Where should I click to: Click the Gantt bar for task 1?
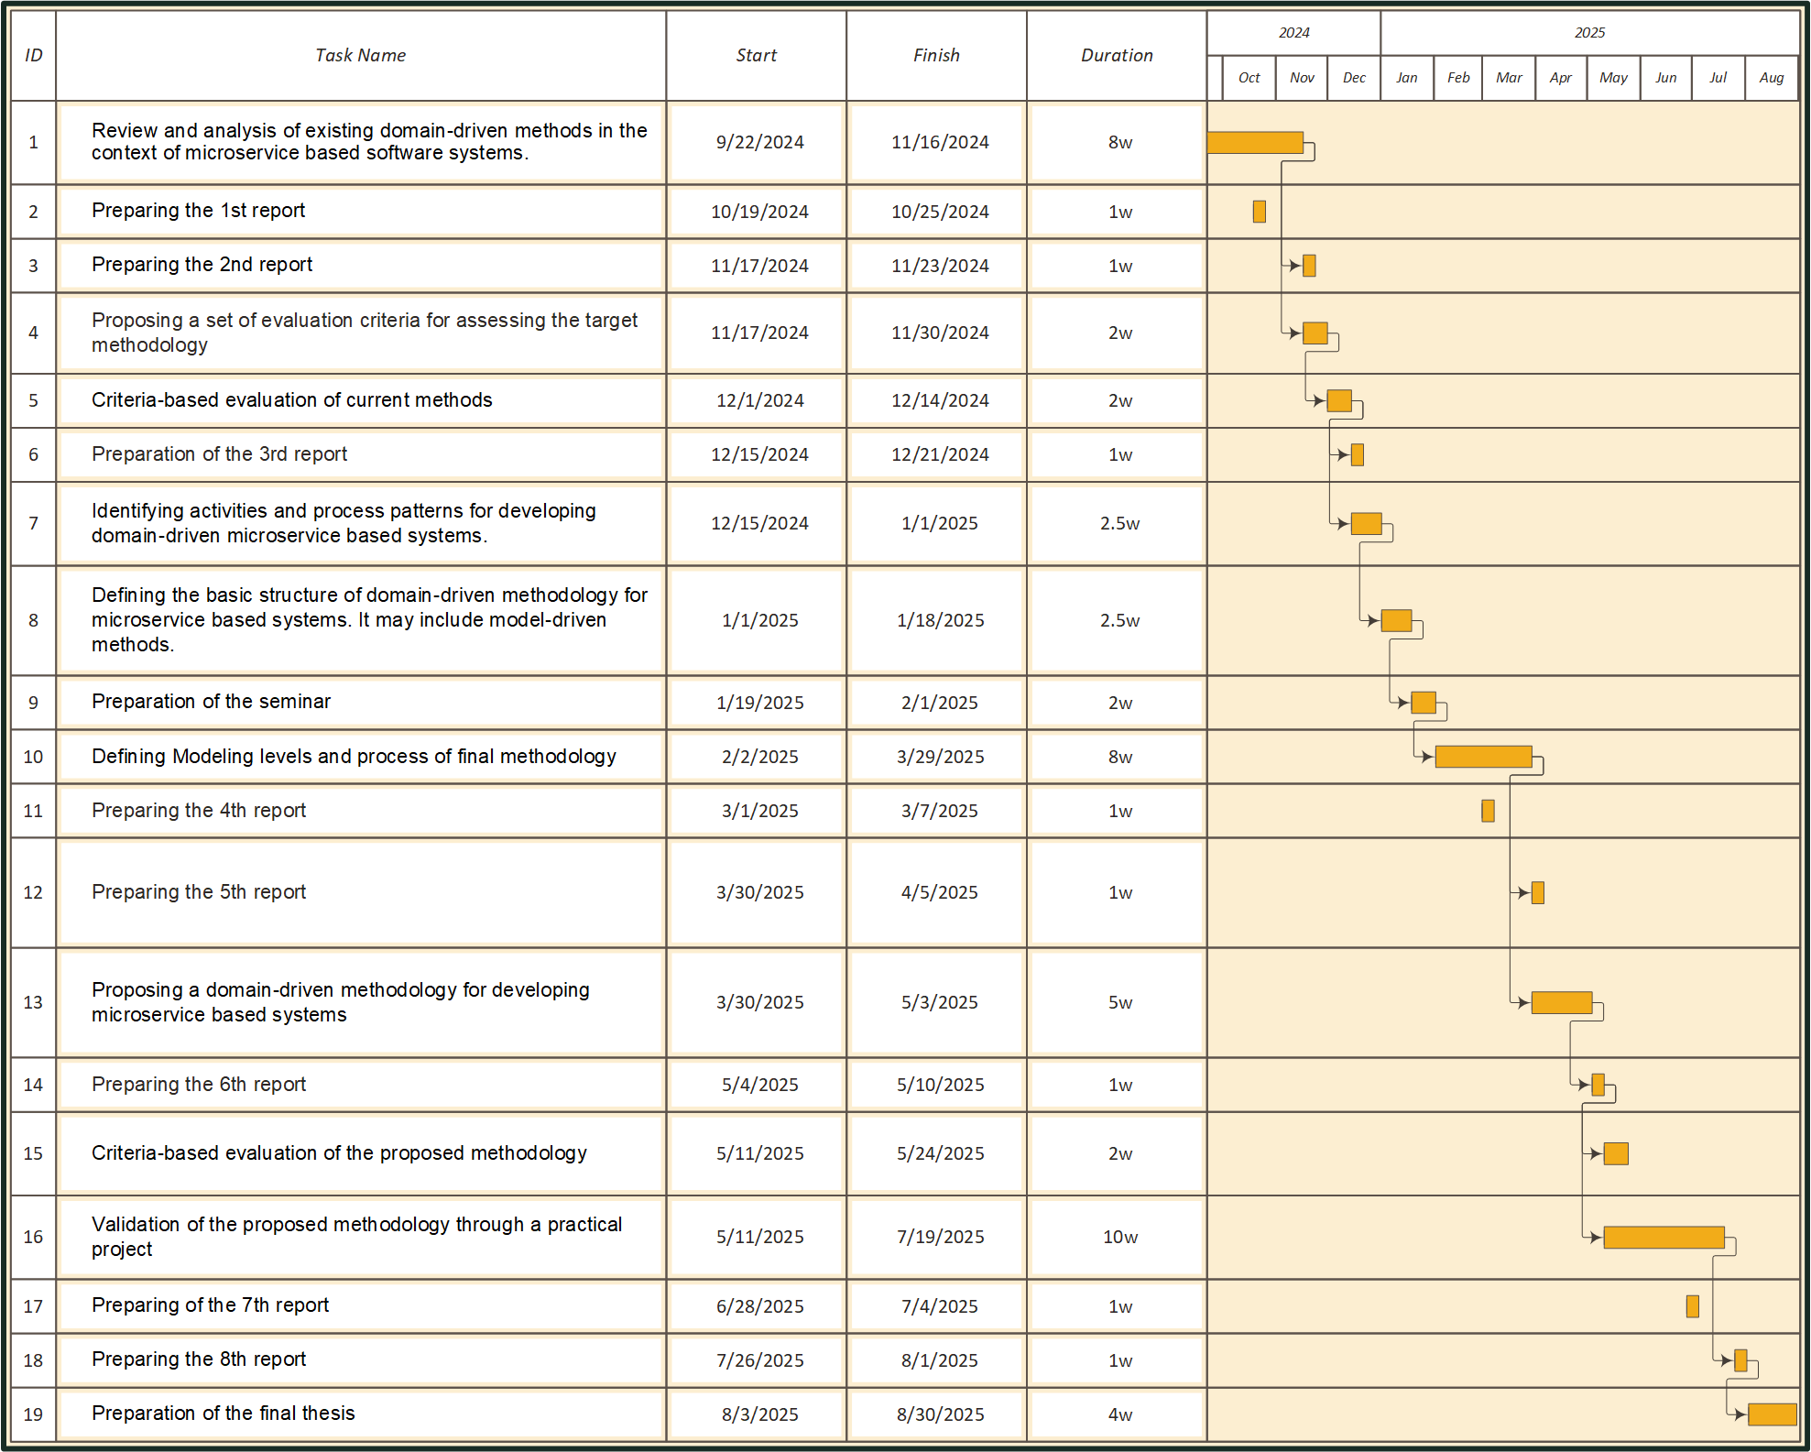(x=1254, y=142)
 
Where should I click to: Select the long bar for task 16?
(x=1664, y=1237)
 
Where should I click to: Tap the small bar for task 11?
(x=1488, y=811)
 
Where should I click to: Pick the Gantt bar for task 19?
(x=1772, y=1414)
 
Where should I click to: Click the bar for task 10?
(x=1483, y=757)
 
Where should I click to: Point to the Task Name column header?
(x=360, y=55)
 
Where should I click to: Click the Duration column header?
(x=1117, y=55)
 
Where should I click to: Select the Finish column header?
(x=936, y=55)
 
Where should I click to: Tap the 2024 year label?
(x=1293, y=32)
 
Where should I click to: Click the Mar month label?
(x=1509, y=78)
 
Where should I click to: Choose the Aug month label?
(x=1771, y=78)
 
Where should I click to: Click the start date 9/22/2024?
(x=759, y=142)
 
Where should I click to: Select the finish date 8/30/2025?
(x=940, y=1414)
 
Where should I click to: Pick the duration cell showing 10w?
(x=1119, y=1237)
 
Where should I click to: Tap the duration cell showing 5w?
(x=1119, y=1002)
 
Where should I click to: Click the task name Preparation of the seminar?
(x=211, y=702)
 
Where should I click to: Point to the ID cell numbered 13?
(x=33, y=1002)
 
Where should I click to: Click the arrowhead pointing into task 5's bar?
(x=1319, y=400)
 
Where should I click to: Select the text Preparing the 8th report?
(x=199, y=1359)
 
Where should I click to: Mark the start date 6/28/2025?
(x=759, y=1306)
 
